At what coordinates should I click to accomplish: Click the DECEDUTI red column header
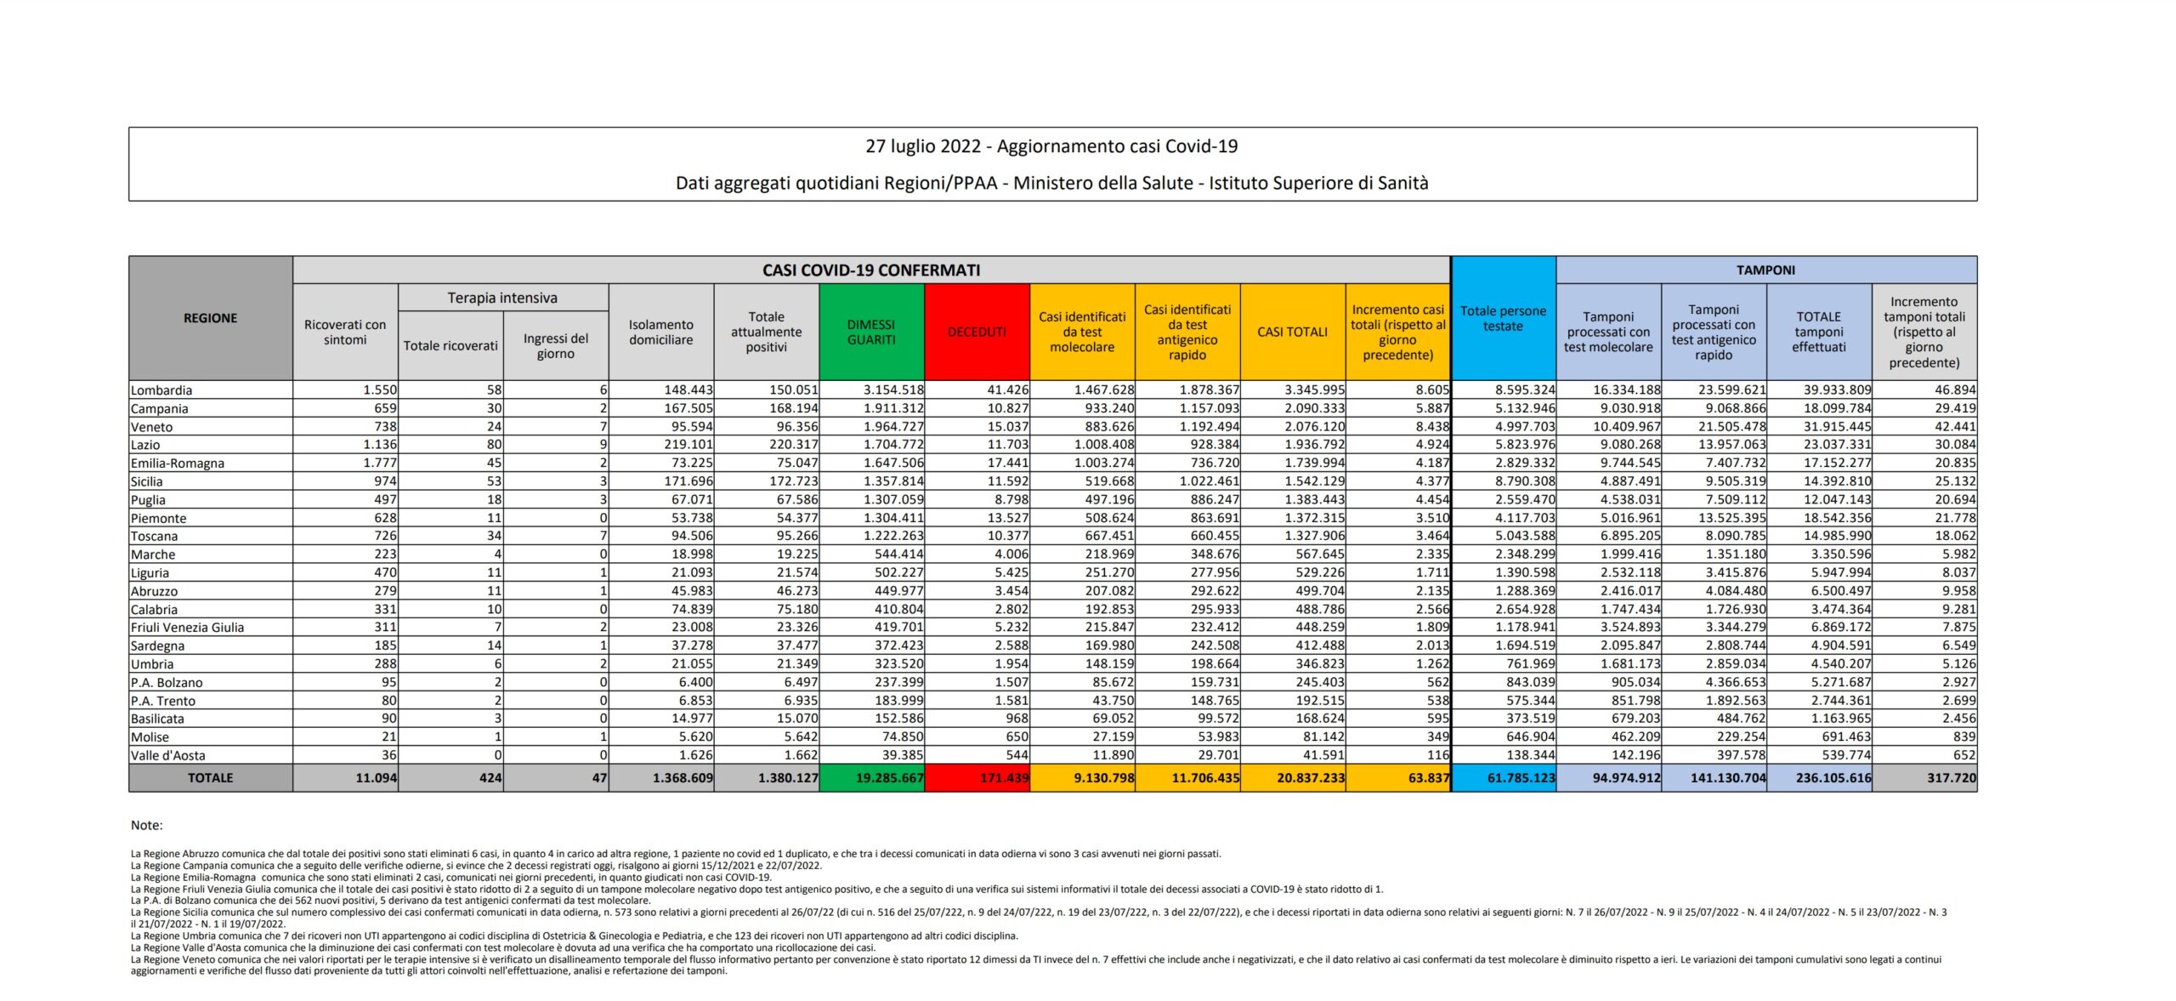coord(977,332)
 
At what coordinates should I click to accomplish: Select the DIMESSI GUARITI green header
coord(871,332)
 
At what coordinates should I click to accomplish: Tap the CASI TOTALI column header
coord(1292,332)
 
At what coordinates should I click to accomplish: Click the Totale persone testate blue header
coord(1503,318)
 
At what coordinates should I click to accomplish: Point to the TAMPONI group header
coord(1765,270)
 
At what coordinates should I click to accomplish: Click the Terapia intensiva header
coord(502,298)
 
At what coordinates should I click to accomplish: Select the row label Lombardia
coord(161,390)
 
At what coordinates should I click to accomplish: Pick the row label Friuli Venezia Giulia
coord(187,628)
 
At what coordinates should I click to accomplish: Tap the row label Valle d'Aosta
coord(167,755)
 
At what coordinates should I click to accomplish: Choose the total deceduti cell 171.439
coord(1004,777)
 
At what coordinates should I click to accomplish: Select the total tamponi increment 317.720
coord(1952,777)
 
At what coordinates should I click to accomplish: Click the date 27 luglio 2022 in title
coord(923,146)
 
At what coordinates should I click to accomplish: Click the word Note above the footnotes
coord(146,825)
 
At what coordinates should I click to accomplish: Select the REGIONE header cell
coord(210,318)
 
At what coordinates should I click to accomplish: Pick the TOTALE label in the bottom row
coord(210,777)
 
